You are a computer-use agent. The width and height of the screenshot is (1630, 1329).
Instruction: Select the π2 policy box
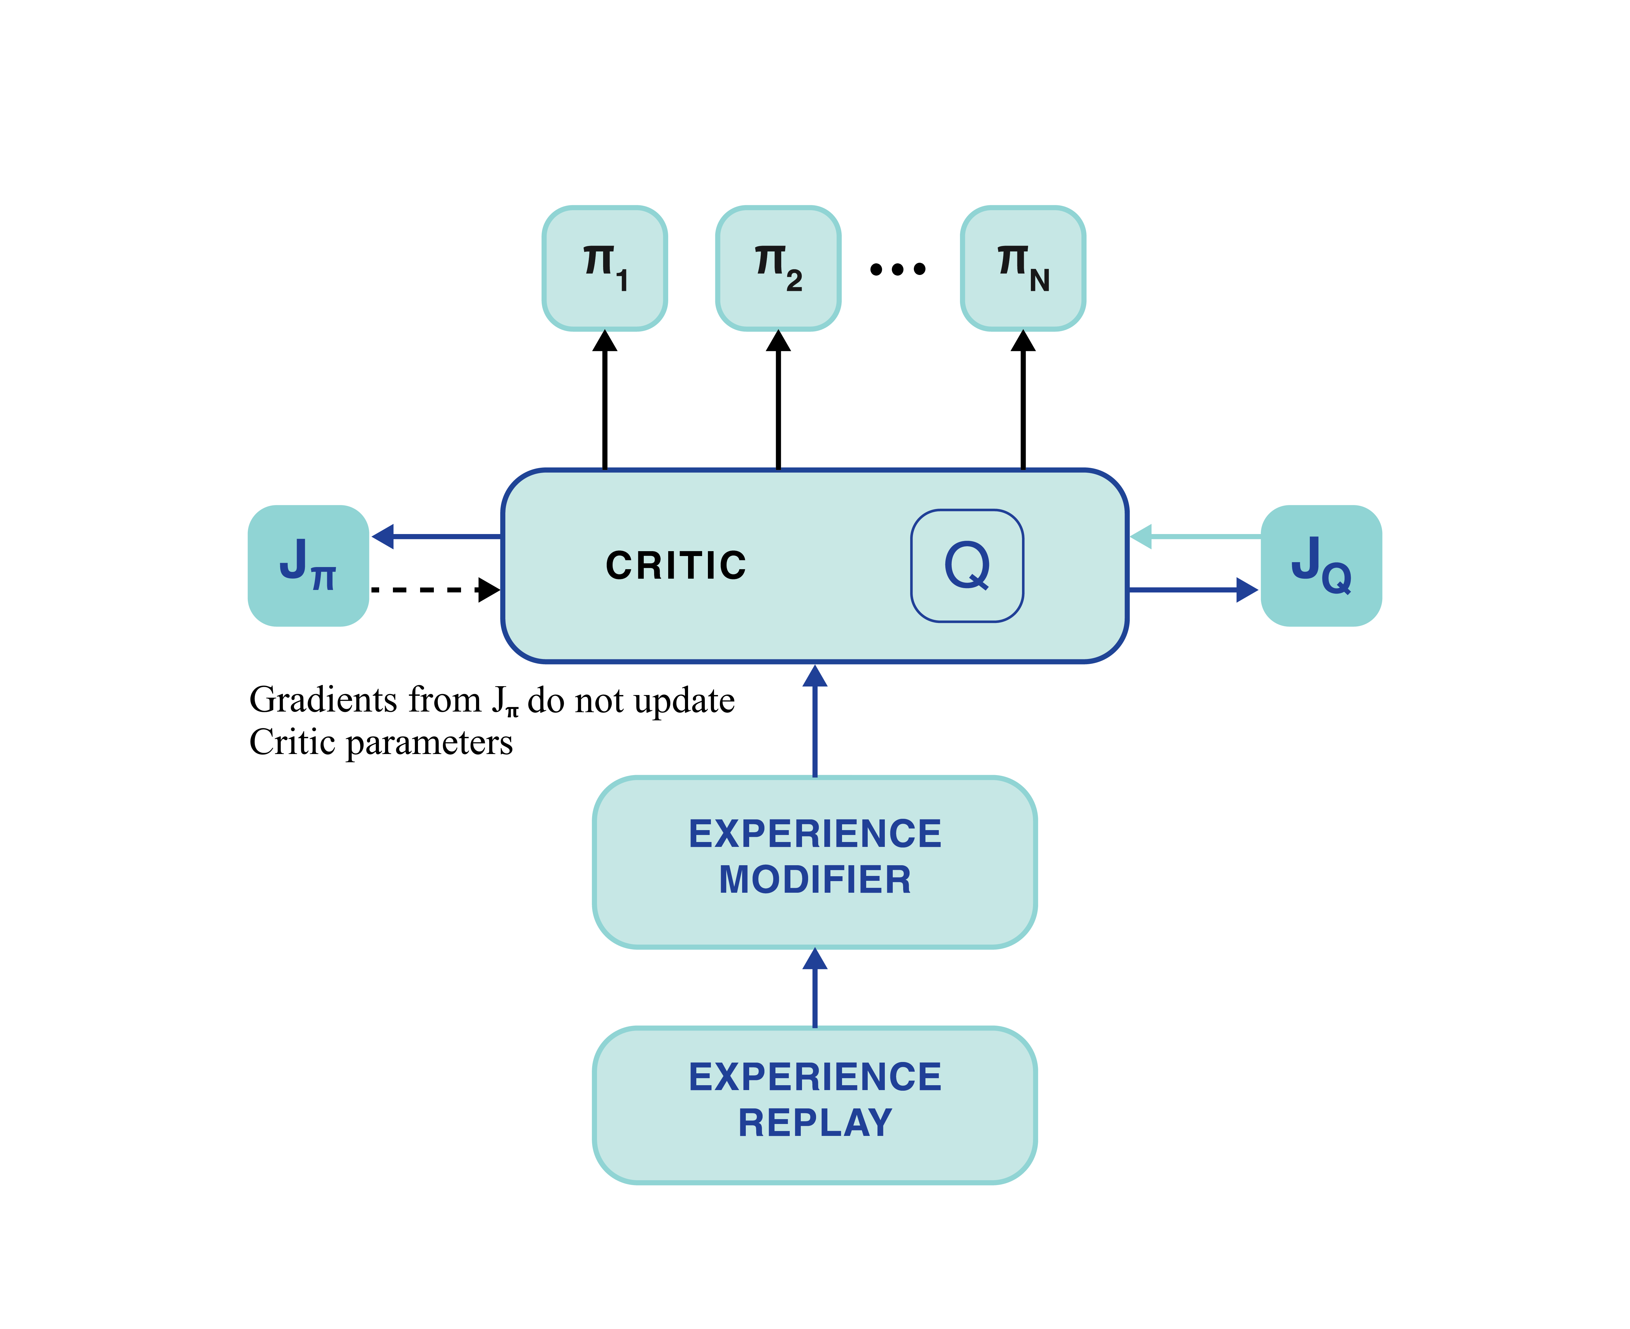tap(778, 268)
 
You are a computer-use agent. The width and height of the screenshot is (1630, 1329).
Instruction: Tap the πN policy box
tap(1023, 268)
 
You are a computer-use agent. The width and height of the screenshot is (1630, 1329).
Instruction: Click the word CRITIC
tap(675, 566)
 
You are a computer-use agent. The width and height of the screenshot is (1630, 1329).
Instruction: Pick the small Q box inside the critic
tap(967, 566)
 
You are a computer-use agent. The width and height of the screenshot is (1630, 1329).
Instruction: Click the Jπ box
tap(309, 566)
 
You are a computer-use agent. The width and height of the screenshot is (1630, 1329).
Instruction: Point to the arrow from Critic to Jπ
tap(436, 537)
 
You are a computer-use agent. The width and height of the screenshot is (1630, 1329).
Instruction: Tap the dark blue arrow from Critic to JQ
tap(1194, 589)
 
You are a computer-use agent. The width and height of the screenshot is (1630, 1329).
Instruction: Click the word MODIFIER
tap(815, 880)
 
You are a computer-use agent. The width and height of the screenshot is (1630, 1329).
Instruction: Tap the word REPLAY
tap(815, 1123)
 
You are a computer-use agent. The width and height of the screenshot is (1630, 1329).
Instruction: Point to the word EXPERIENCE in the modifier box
tap(815, 834)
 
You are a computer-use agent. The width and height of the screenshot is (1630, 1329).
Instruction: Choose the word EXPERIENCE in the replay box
tap(815, 1077)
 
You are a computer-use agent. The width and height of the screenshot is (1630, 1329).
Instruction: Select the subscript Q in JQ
tap(1336, 578)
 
